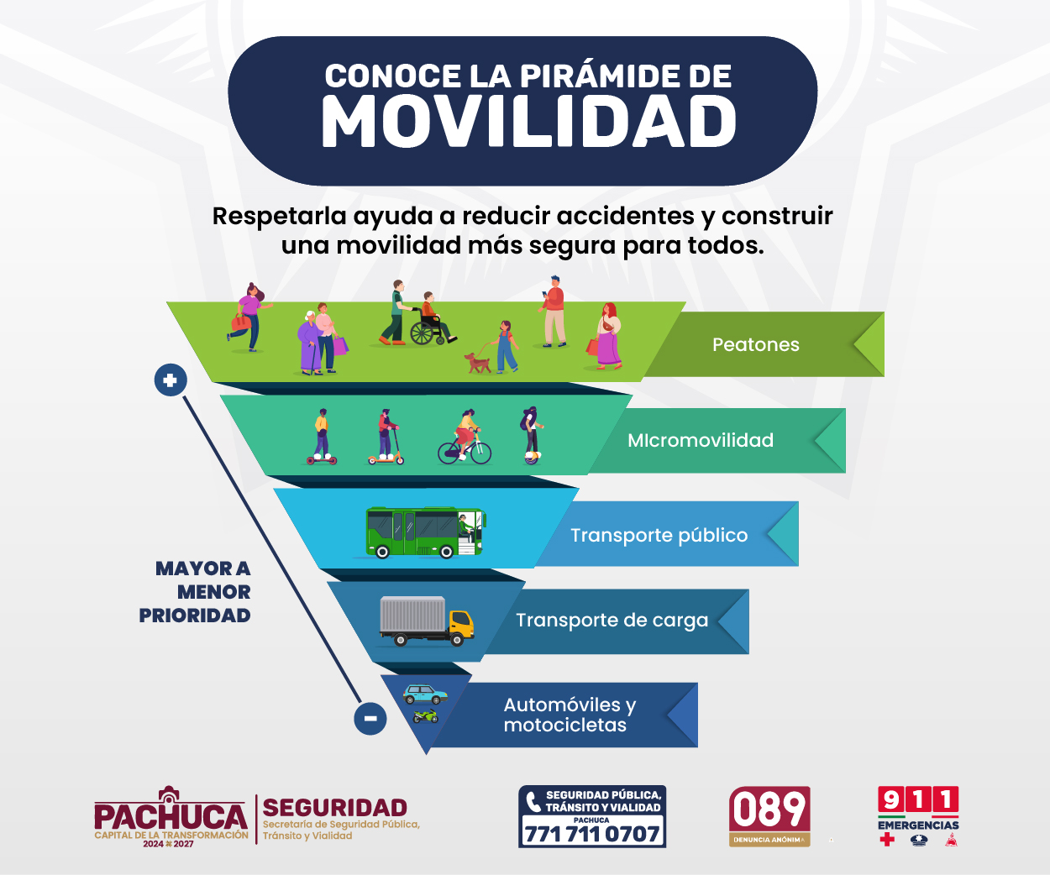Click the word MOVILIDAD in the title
tap(529, 122)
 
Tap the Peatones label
tap(755, 344)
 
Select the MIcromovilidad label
tap(701, 441)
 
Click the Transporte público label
tap(659, 535)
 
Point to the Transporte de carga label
tap(612, 621)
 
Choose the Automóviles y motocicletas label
tap(570, 715)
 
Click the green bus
tap(425, 532)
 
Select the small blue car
tap(425, 694)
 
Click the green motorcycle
tap(425, 716)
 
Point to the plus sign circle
tap(171, 380)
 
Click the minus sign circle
tap(370, 718)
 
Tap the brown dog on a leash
tap(477, 363)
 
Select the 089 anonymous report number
tap(769, 816)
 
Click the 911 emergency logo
tap(918, 815)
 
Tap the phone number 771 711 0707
tap(592, 834)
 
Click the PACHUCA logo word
tap(171, 816)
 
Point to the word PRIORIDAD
tap(195, 616)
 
